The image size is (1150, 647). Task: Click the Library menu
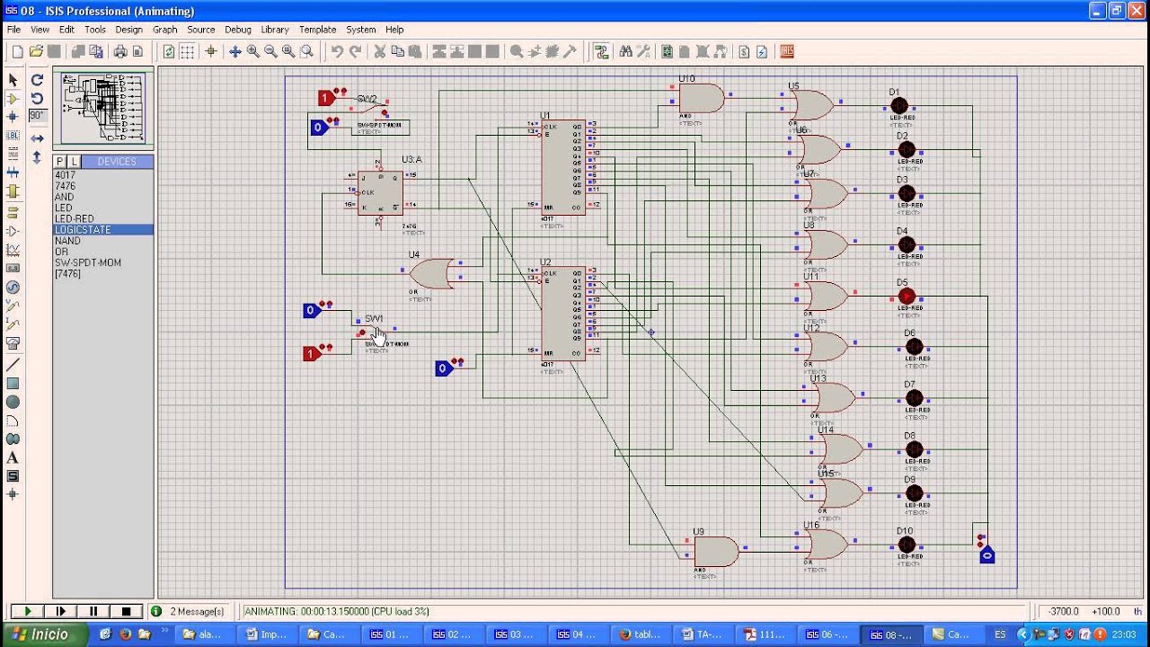coord(275,30)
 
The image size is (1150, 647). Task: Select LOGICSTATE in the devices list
coord(83,230)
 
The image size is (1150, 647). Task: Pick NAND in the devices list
coord(67,241)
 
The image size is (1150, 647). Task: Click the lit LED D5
coord(907,296)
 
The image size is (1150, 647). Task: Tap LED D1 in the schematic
coord(898,106)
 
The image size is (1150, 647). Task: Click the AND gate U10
coord(702,98)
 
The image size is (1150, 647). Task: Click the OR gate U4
coord(432,273)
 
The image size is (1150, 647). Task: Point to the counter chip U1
coord(563,167)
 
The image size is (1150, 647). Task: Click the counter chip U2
coord(563,313)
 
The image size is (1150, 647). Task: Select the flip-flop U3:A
coord(380,192)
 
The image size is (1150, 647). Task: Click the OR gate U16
coord(826,544)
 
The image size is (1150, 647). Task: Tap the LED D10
coord(907,545)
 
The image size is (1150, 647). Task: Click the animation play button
coord(27,611)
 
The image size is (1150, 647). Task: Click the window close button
coord(1137,11)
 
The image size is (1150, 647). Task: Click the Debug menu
coord(238,30)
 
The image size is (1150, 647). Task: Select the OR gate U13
coord(833,397)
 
